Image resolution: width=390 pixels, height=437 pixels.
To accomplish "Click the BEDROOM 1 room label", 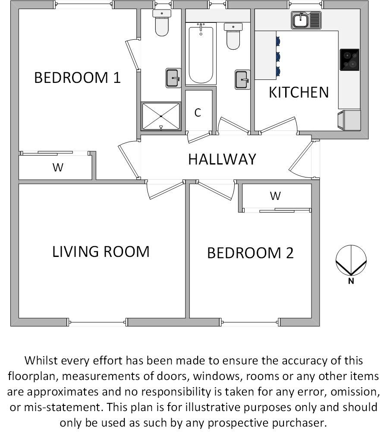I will [77, 78].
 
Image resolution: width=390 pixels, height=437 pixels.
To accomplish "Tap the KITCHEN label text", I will [299, 92].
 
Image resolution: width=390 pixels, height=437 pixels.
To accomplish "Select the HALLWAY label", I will [222, 159].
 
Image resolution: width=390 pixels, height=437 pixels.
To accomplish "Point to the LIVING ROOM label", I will [101, 251].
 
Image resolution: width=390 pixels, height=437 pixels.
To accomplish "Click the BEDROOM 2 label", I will [250, 253].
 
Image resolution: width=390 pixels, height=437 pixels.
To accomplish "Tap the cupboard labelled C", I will [198, 113].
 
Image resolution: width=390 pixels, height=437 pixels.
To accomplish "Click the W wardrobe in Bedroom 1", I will [57, 168].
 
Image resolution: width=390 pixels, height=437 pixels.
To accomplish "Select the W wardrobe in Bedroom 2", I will [275, 196].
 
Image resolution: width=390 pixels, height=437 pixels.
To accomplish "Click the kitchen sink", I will [306, 20].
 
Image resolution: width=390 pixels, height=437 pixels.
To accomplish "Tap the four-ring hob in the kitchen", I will [349, 60].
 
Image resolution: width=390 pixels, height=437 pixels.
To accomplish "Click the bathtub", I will [201, 55].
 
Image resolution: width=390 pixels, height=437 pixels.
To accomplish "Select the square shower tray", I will [160, 116].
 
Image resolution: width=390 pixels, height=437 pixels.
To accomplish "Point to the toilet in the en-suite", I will [162, 24].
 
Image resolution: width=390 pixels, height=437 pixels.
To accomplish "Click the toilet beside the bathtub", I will [233, 37].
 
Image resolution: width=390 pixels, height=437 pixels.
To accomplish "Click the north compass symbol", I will [351, 262].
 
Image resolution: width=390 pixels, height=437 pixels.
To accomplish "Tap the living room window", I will [97, 322].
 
